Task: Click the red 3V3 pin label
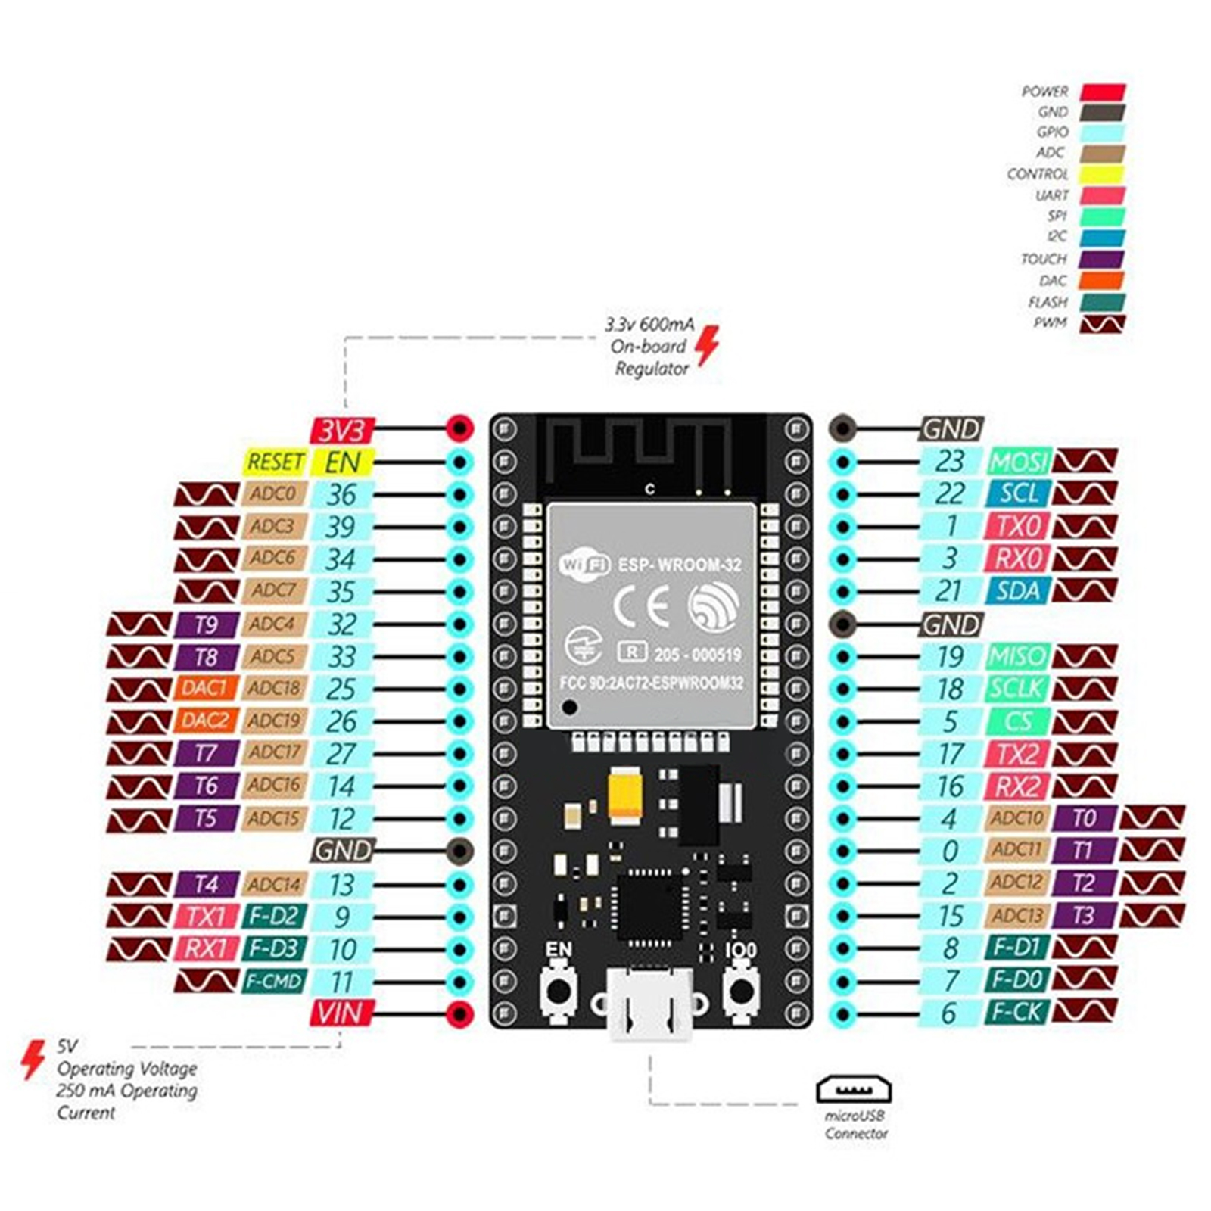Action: pos(342,430)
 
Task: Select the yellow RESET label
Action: pos(275,462)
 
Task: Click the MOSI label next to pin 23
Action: pos(1018,462)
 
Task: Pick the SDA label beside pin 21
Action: pos(1018,590)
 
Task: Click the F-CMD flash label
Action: pos(274,982)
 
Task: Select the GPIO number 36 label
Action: pos(341,494)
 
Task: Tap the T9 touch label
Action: pos(206,624)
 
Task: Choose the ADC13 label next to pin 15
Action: pos(1016,916)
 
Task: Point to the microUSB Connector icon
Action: pos(853,1090)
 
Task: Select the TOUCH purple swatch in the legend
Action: pos(1102,259)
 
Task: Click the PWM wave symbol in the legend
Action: pos(1102,323)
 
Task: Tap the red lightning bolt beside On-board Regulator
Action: pos(707,346)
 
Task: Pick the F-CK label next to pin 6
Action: pos(1016,1012)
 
